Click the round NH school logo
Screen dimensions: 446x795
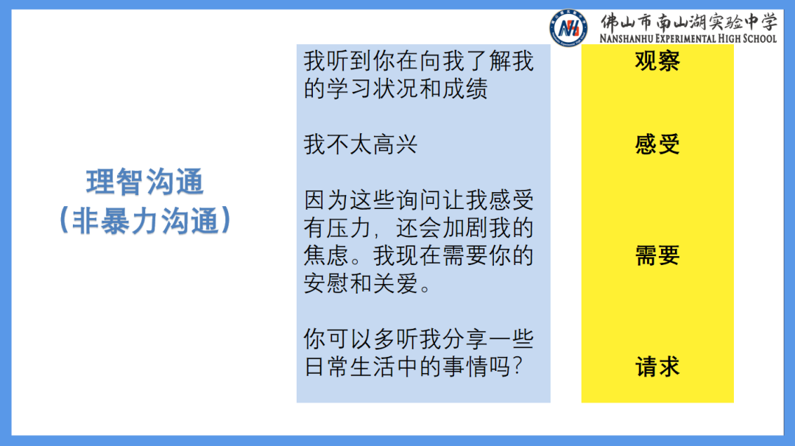click(568, 28)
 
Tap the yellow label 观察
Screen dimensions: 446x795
click(657, 61)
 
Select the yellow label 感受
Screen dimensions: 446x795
click(657, 144)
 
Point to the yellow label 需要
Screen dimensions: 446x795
click(657, 255)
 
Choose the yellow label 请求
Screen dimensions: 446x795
click(657, 367)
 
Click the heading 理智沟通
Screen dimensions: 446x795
click(145, 183)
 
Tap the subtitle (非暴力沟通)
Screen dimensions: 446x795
click(145, 220)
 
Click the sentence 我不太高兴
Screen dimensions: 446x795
click(361, 144)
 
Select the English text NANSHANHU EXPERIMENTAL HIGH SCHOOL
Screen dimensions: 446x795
click(688, 38)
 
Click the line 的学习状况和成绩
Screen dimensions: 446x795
click(396, 89)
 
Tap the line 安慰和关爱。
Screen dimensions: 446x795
click(368, 283)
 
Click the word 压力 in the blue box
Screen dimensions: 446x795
click(350, 228)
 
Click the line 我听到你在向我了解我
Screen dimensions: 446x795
click(418, 61)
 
